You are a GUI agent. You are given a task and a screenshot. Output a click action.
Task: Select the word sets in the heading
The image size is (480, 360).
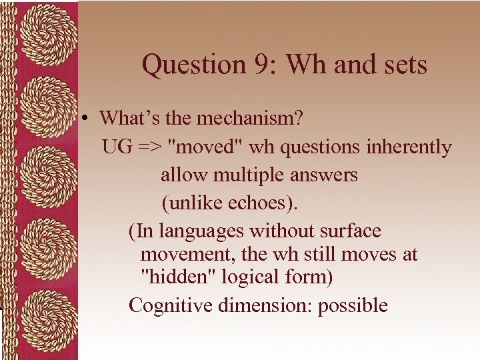click(403, 65)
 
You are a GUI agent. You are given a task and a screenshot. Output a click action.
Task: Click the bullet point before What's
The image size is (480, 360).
click(87, 119)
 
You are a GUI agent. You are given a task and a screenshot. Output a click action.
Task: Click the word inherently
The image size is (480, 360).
click(409, 147)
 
